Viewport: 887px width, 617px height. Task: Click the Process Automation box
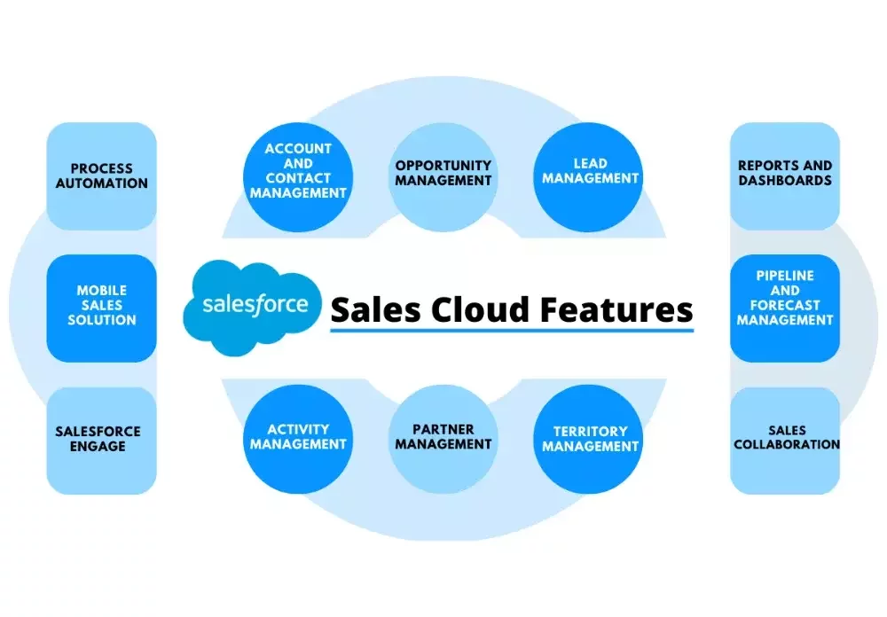(x=101, y=176)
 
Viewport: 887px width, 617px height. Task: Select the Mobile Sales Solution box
(x=101, y=308)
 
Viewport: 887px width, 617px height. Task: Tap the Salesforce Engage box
(x=101, y=441)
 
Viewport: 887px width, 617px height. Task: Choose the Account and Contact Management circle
(x=298, y=177)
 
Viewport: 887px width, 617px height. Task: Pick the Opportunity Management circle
(x=443, y=177)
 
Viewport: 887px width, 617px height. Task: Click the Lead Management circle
(x=588, y=177)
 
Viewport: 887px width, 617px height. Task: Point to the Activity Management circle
(x=298, y=440)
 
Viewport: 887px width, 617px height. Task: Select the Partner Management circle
(x=443, y=440)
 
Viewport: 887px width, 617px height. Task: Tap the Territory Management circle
(x=588, y=440)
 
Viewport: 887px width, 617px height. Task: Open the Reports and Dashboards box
(x=785, y=176)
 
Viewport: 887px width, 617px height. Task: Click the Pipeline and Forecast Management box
(x=785, y=308)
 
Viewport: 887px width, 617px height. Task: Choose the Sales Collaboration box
(x=785, y=441)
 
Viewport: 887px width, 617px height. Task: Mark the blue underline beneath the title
(x=512, y=330)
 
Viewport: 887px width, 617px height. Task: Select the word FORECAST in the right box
(x=785, y=305)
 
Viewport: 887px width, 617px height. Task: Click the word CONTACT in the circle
(x=298, y=177)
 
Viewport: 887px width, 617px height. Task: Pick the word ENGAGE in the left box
(x=98, y=446)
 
